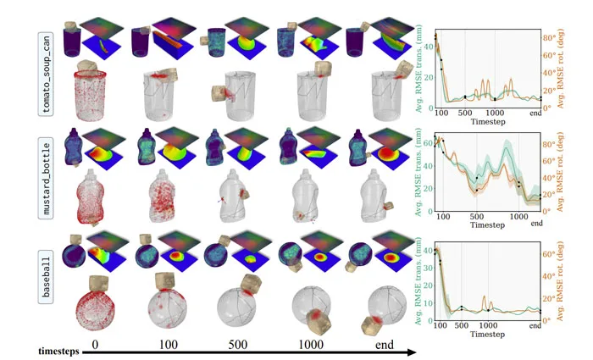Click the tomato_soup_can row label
coord(46,74)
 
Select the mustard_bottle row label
coord(46,179)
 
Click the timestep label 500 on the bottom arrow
coord(237,345)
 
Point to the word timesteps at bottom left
coord(58,352)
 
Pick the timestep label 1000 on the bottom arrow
coord(311,345)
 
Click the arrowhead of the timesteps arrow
coord(411,352)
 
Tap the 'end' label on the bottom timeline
coord(385,345)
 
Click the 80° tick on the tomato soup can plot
coord(549,38)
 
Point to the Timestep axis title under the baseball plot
coord(487,335)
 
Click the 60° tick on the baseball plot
coord(549,254)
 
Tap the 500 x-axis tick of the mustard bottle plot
coord(476,217)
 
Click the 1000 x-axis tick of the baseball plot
coord(488,325)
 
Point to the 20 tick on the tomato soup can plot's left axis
coord(429,78)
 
